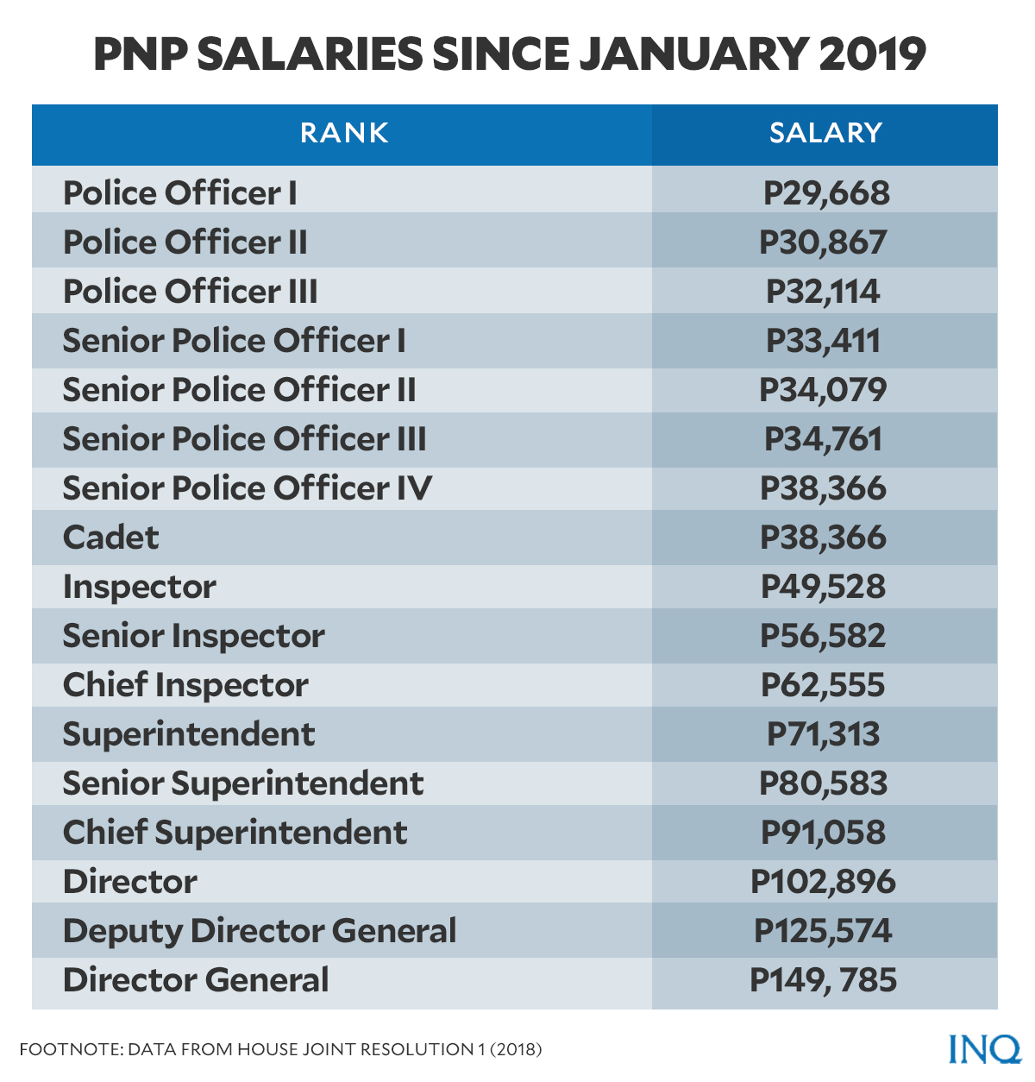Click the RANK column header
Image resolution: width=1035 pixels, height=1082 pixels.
(344, 133)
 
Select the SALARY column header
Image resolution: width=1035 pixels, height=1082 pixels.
(825, 133)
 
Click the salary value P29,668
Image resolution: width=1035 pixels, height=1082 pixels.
(825, 193)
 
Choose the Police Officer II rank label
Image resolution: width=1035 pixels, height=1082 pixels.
(185, 242)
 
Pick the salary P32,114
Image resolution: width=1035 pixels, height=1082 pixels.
(823, 292)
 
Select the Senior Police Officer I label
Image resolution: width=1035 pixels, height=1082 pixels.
(234, 341)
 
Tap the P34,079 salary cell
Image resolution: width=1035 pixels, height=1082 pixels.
(823, 390)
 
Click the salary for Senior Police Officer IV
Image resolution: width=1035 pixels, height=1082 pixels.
(823, 488)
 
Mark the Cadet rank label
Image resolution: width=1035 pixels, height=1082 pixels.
(111, 538)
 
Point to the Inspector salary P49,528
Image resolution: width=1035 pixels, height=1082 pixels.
(823, 587)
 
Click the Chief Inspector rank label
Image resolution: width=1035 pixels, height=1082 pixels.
(185, 685)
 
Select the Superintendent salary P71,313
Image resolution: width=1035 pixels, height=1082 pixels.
(823, 734)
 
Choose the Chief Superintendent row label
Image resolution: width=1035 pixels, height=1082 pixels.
(235, 833)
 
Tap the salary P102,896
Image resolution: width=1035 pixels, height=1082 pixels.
(823, 882)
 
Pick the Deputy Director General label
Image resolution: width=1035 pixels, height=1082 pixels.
(260, 931)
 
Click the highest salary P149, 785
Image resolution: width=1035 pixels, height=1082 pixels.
(823, 980)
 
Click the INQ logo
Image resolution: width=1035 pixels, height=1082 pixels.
(984, 1048)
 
